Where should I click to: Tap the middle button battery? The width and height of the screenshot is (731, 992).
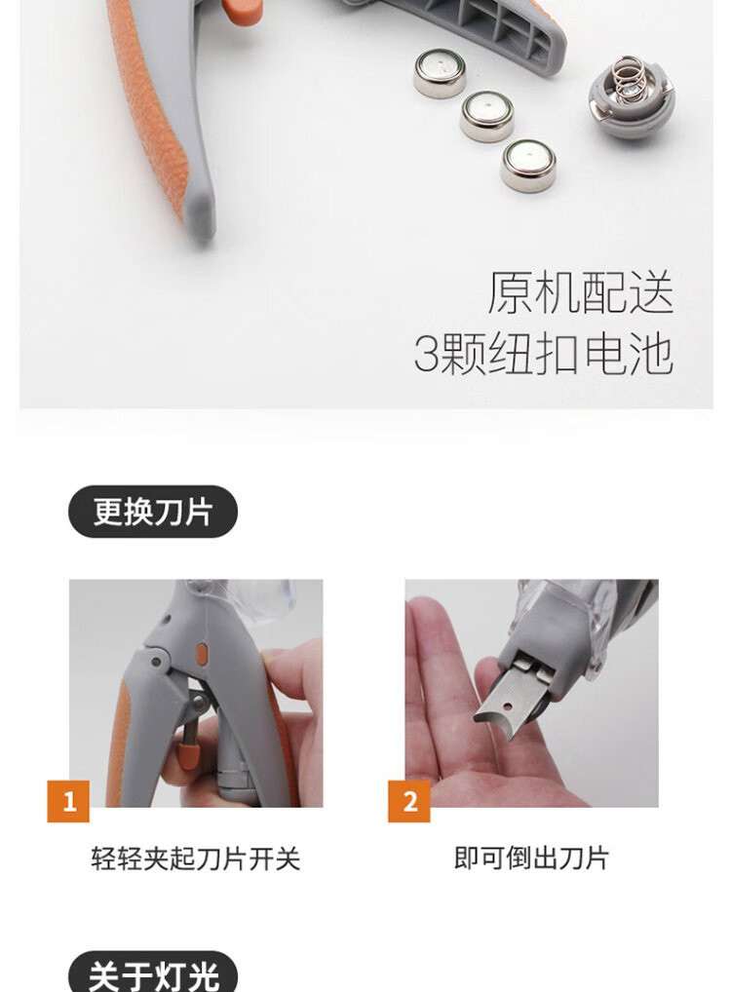[486, 116]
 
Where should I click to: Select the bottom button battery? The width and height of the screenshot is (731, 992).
[528, 164]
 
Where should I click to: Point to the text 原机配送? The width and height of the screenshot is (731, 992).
[580, 293]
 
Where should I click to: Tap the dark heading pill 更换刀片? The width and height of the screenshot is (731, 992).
[152, 512]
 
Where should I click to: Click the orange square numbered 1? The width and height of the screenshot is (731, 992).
[68, 801]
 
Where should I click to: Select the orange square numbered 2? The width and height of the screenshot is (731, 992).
[408, 801]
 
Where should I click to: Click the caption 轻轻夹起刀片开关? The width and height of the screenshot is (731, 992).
[196, 858]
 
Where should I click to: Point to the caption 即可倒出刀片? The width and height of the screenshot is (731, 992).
[531, 858]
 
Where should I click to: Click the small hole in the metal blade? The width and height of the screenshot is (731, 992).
[507, 706]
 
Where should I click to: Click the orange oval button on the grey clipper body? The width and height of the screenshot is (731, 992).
[201, 656]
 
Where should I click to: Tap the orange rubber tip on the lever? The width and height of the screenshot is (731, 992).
[185, 757]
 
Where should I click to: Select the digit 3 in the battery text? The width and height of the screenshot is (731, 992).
[426, 353]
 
